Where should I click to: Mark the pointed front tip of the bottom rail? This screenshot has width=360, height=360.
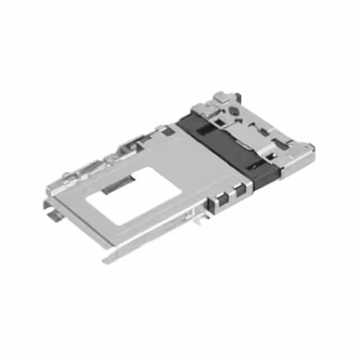(x=107, y=260)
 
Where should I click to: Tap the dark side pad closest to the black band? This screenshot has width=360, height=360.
(x=241, y=190)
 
